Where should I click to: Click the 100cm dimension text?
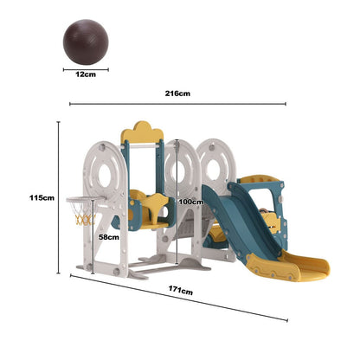point(190,202)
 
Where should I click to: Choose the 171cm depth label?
point(180,293)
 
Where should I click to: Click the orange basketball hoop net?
point(83,214)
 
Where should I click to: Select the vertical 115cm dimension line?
point(58,198)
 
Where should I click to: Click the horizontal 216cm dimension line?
point(177,104)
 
